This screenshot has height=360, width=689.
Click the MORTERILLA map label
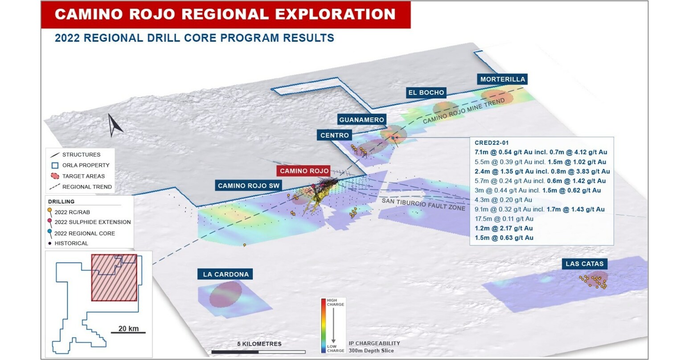pyautogui.click(x=502, y=79)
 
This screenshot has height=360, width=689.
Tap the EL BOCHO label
pyautogui.click(x=426, y=93)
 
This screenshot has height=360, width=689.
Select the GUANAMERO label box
pyautogui.click(x=361, y=120)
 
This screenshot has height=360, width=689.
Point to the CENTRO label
pyautogui.click(x=334, y=135)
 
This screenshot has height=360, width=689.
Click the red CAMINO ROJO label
pyautogui.click(x=304, y=171)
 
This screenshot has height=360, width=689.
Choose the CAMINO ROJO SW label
pyautogui.click(x=248, y=186)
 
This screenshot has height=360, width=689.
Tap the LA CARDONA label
pyautogui.click(x=226, y=274)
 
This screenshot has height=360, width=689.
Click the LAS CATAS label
pyautogui.click(x=584, y=264)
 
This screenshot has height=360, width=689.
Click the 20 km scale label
pyautogui.click(x=128, y=329)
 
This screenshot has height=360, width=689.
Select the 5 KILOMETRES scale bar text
pyautogui.click(x=259, y=344)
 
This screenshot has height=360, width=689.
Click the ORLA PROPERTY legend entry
pyautogui.click(x=86, y=165)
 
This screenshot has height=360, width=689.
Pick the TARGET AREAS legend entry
pyautogui.click(x=83, y=176)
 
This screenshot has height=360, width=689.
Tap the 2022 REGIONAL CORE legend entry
pyautogui.click(x=84, y=233)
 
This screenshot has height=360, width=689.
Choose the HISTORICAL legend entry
pyautogui.click(x=71, y=243)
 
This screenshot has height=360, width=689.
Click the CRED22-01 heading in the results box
pyautogui.click(x=491, y=143)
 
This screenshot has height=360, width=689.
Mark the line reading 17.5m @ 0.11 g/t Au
pyautogui.click(x=504, y=219)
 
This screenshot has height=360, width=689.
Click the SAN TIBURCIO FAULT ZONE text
pyautogui.click(x=423, y=204)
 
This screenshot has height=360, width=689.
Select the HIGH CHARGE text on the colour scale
pyautogui.click(x=335, y=303)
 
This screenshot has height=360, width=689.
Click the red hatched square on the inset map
pyautogui.click(x=114, y=278)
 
